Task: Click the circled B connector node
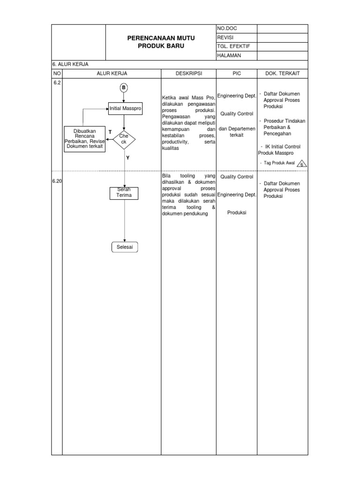(124, 88)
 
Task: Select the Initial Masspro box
(125, 108)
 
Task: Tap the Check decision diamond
(124, 139)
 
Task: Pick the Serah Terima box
(124, 193)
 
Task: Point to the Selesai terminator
(125, 247)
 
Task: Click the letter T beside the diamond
(110, 132)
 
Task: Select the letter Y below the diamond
(127, 158)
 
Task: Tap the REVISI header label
(225, 37)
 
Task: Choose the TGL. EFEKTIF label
(233, 46)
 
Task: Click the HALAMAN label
(229, 56)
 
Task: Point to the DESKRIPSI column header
(188, 74)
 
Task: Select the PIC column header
(236, 74)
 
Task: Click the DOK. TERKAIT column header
(282, 74)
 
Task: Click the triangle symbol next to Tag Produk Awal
(302, 163)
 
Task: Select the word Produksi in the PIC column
(237, 212)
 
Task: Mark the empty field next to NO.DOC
(282, 29)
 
